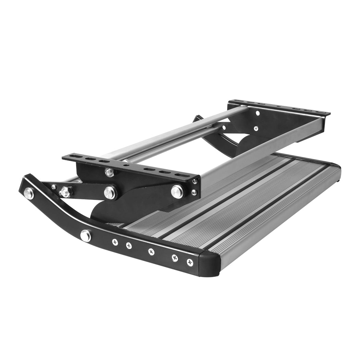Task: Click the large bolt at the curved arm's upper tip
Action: (29, 193)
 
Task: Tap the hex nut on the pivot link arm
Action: (65, 192)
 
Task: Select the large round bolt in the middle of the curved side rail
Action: (85, 236)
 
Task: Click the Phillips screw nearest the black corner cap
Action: (190, 263)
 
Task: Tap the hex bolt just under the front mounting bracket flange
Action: (110, 172)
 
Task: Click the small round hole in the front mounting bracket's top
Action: (127, 165)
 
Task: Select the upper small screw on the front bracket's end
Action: (195, 181)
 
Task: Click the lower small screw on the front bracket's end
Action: (194, 192)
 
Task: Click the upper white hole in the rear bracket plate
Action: (257, 113)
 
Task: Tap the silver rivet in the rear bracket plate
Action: (256, 129)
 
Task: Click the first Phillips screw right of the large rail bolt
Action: (115, 242)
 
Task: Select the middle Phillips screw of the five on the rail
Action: (151, 252)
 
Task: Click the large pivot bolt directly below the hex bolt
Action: (110, 192)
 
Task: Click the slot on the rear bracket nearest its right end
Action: (321, 112)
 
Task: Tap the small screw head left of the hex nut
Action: (54, 187)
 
